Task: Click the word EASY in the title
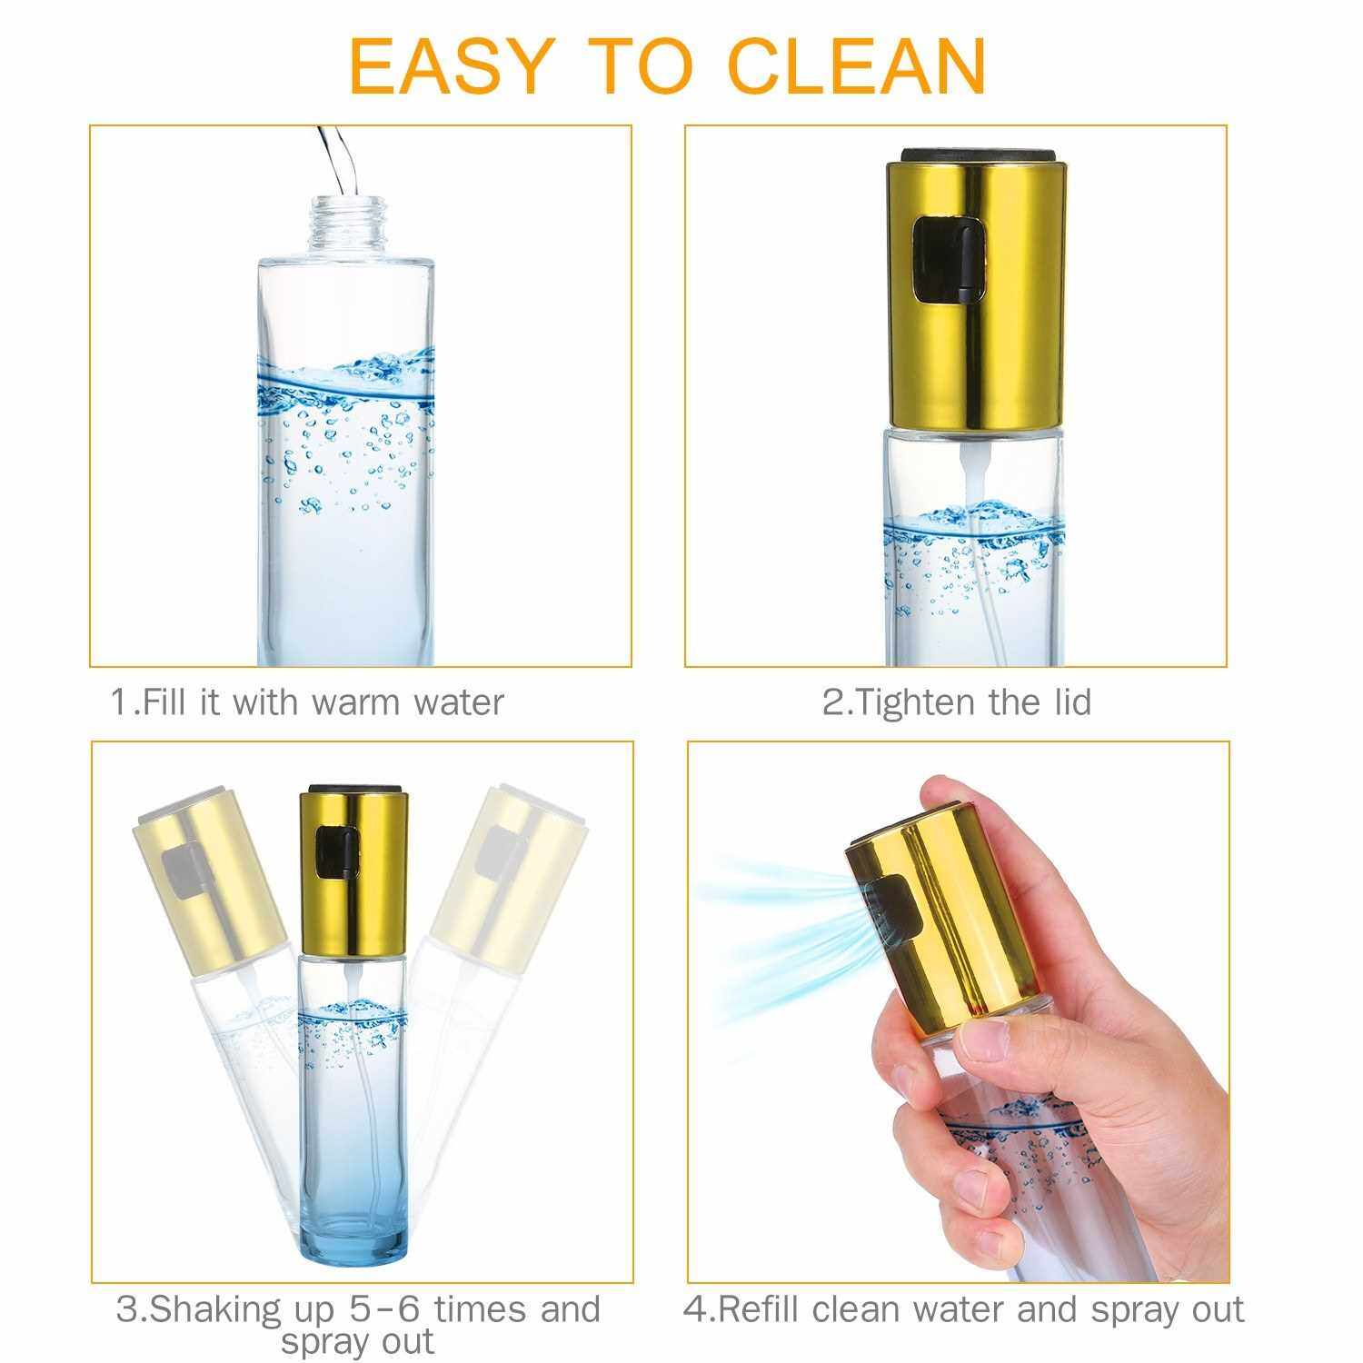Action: pos(450,65)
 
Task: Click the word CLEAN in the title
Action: pos(859,65)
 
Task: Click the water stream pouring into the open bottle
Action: pos(332,159)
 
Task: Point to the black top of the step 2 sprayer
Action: pos(978,154)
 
